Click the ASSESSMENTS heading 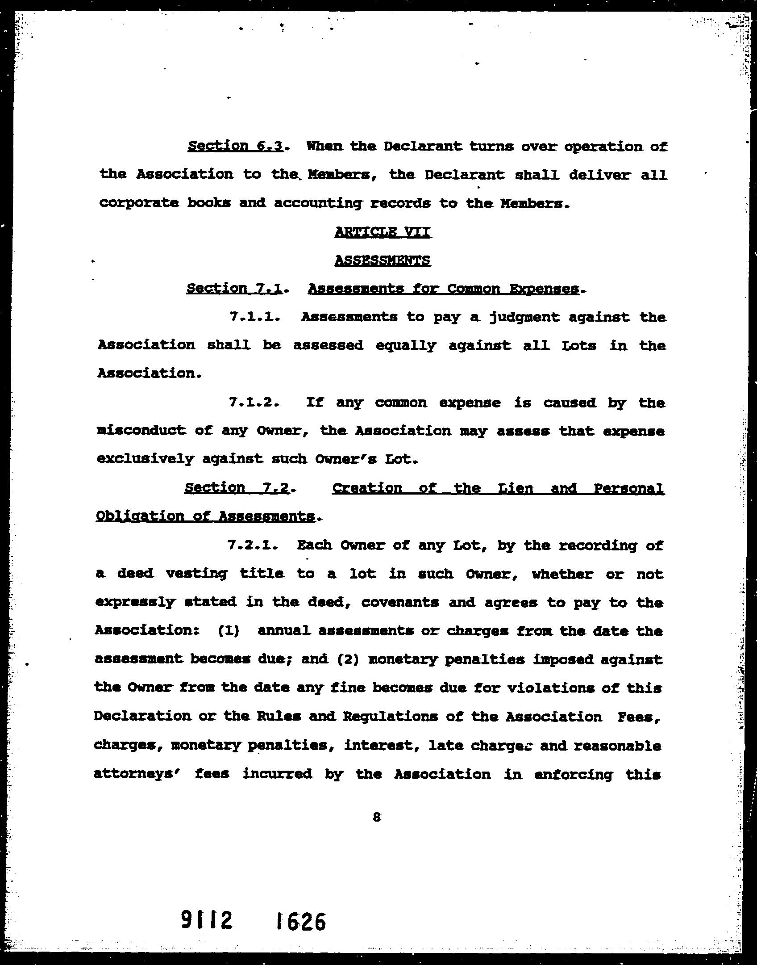(x=383, y=260)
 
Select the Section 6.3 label (x=235, y=146)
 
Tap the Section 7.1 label (x=234, y=289)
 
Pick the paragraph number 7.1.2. (x=254, y=403)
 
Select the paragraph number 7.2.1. (x=253, y=545)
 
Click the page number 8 (x=376, y=817)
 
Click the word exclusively (x=145, y=459)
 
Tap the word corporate (x=139, y=203)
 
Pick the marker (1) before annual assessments (x=229, y=631)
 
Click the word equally (x=405, y=345)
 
